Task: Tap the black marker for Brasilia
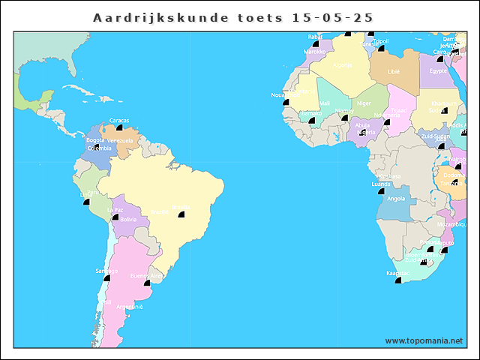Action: click(x=181, y=214)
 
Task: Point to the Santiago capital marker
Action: click(x=106, y=277)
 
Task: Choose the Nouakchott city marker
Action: click(x=286, y=101)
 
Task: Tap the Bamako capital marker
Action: click(x=312, y=119)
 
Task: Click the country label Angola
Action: click(x=396, y=199)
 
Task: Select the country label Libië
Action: click(x=394, y=72)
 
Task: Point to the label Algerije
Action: click(x=342, y=64)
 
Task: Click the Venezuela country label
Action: click(x=120, y=140)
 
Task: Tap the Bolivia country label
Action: click(x=128, y=219)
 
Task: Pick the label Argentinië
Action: click(x=129, y=307)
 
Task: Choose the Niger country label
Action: click(x=364, y=103)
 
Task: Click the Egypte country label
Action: click(x=438, y=71)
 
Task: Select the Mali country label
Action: click(x=324, y=103)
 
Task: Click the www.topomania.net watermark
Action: click(x=424, y=340)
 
